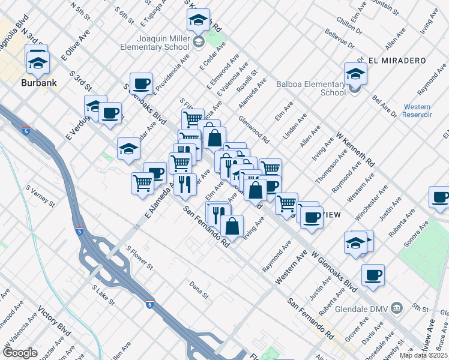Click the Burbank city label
(40, 82)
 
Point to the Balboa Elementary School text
(311, 88)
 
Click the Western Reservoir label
(417, 110)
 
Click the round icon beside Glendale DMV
(397, 308)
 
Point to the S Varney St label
(40, 196)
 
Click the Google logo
(20, 353)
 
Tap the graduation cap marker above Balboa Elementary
(355, 73)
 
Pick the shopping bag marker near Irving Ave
(232, 226)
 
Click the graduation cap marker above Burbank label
(37, 59)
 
